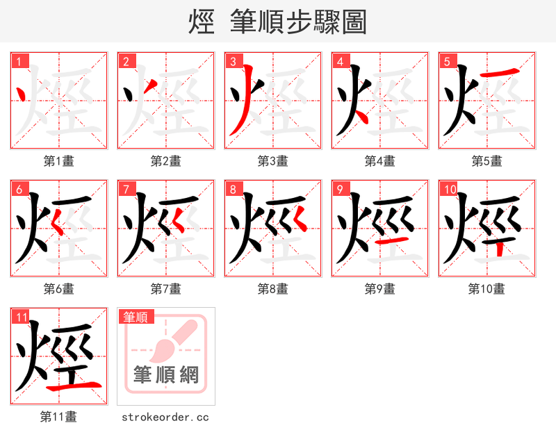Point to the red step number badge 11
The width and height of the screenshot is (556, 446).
click(21, 317)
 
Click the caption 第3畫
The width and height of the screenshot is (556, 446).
click(272, 161)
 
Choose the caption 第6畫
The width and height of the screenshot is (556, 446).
click(58, 289)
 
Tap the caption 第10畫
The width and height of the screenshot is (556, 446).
click(486, 289)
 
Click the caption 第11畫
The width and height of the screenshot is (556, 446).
click(58, 417)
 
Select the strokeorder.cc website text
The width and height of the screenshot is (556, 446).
click(165, 418)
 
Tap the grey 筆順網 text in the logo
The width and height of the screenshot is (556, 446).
click(165, 375)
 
